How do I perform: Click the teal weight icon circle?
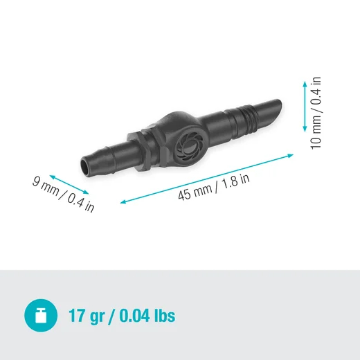point(41,316)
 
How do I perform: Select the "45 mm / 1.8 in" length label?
point(213,185)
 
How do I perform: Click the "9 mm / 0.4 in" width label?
point(63,196)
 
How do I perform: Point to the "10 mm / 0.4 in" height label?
point(316,111)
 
